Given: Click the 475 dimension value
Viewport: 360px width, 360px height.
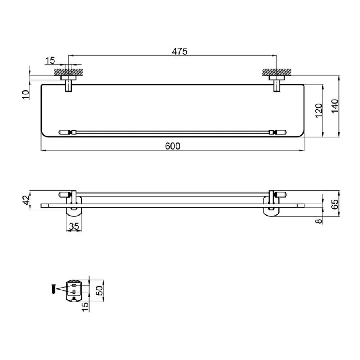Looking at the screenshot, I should pos(180,51).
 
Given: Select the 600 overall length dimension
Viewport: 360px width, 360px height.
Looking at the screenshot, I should pos(173,146).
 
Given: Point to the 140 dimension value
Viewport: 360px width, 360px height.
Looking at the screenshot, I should pos(335,106).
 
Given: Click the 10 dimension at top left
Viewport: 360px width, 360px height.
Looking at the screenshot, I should pos(26,94).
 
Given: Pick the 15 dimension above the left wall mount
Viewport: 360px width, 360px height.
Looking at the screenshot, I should pos(50,60).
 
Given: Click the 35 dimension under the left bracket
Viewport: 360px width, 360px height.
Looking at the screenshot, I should pos(74,226).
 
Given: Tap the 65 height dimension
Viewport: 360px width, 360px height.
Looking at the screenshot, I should pos(335,204).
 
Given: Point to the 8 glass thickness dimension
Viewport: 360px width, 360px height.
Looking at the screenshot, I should pos(318,221).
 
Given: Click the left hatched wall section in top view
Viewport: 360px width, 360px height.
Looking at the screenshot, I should pos(69,72).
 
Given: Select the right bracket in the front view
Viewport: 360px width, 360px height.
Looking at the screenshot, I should pos(272,206).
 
